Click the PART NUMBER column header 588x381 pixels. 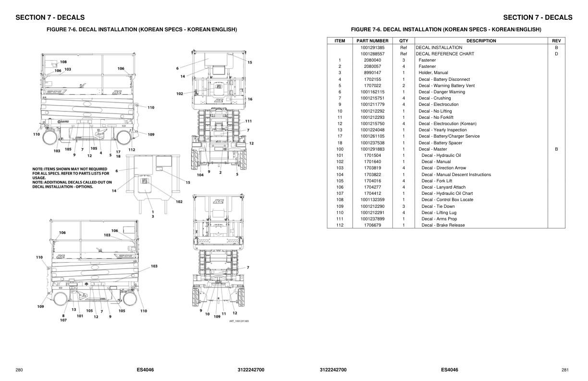[372, 41]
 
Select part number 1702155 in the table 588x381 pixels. [372, 79]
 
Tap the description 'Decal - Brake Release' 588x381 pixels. [443, 225]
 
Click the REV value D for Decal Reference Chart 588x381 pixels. [556, 54]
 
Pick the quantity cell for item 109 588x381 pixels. [404, 206]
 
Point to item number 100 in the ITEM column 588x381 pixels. [340, 149]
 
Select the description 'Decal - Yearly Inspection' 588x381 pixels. [442, 130]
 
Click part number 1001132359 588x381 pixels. [372, 200]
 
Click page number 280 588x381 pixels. [19, 370]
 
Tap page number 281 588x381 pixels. [565, 370]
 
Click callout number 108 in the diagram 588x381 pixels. [63, 62]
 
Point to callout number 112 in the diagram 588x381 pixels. [132, 150]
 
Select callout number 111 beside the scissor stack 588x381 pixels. [248, 121]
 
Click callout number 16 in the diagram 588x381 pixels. [250, 99]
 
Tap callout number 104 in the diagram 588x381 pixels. [200, 175]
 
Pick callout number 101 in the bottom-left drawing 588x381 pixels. [80, 316]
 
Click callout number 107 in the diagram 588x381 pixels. [63, 320]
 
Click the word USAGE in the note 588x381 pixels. [39, 178]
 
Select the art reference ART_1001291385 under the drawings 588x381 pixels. [239, 321]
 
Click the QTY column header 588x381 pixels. [404, 41]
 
